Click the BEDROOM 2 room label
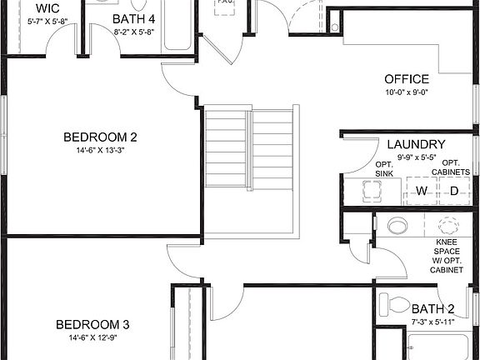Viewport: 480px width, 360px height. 99,137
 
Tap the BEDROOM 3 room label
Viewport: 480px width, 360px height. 92,324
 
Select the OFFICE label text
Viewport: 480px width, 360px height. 407,79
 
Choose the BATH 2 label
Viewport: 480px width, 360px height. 432,308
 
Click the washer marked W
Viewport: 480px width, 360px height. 422,192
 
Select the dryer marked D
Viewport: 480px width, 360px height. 454,192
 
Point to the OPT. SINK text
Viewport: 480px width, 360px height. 384,167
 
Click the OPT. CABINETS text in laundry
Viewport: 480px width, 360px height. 450,167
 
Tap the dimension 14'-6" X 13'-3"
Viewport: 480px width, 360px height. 99,151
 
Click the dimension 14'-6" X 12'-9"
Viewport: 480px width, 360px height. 92,339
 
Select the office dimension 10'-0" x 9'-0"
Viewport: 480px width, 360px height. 407,92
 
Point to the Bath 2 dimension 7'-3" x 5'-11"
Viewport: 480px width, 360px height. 432,321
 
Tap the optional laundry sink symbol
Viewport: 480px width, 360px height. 367,192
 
